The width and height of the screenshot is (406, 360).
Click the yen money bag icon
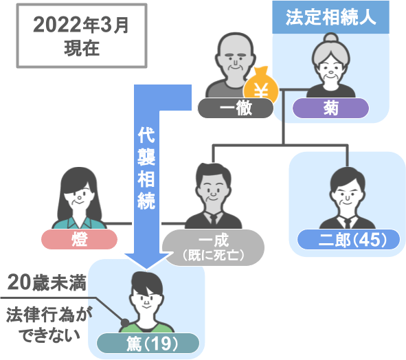(261, 85)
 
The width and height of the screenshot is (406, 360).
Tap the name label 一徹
(236, 108)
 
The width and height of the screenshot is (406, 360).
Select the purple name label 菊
(330, 108)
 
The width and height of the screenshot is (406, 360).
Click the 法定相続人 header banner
(330, 17)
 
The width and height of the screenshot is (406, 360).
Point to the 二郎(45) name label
(348, 239)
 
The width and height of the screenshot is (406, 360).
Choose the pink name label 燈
(79, 239)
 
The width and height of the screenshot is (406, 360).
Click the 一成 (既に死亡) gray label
(214, 247)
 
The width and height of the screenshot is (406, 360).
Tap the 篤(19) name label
(148, 344)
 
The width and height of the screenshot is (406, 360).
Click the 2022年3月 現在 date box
(82, 36)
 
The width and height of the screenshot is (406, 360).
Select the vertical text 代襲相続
(146, 168)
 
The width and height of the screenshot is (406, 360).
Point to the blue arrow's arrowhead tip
(146, 269)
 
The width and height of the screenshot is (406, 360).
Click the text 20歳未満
(47, 283)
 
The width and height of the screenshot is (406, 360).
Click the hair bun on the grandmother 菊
(331, 38)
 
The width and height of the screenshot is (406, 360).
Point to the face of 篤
(146, 300)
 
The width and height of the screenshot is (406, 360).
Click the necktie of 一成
(214, 220)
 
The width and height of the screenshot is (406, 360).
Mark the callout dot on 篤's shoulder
(125, 322)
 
